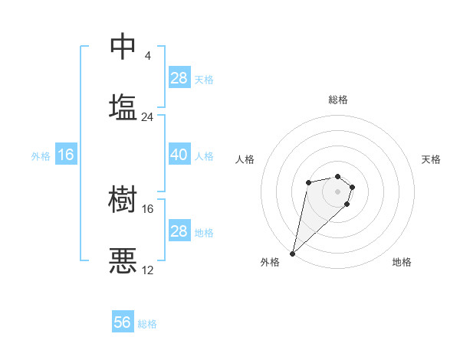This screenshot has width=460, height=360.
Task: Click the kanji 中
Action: point(123,46)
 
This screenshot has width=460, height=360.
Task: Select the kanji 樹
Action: point(123,199)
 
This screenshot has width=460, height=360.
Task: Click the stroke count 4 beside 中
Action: point(147,56)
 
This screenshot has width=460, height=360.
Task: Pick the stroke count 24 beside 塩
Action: point(147,117)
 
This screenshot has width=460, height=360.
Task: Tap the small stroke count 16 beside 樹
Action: point(147,208)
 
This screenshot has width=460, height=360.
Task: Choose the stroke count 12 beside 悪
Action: point(147,270)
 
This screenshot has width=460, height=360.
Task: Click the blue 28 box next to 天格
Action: point(179,78)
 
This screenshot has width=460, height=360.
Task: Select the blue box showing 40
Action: point(179,155)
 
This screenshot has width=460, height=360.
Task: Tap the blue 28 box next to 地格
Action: point(179,231)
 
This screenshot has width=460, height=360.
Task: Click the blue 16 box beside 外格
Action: point(66,155)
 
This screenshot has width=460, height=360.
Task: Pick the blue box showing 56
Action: point(123,322)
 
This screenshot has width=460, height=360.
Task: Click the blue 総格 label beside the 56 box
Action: point(147,324)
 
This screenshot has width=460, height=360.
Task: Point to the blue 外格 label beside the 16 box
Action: point(41,156)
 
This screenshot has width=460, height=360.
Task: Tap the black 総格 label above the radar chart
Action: point(338,100)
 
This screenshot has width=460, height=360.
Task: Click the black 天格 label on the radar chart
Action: point(431,159)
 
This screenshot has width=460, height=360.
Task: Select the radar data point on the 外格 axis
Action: point(293,254)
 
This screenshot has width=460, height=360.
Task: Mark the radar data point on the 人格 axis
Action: point(308,182)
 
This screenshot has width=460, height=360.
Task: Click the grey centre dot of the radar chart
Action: point(338,190)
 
